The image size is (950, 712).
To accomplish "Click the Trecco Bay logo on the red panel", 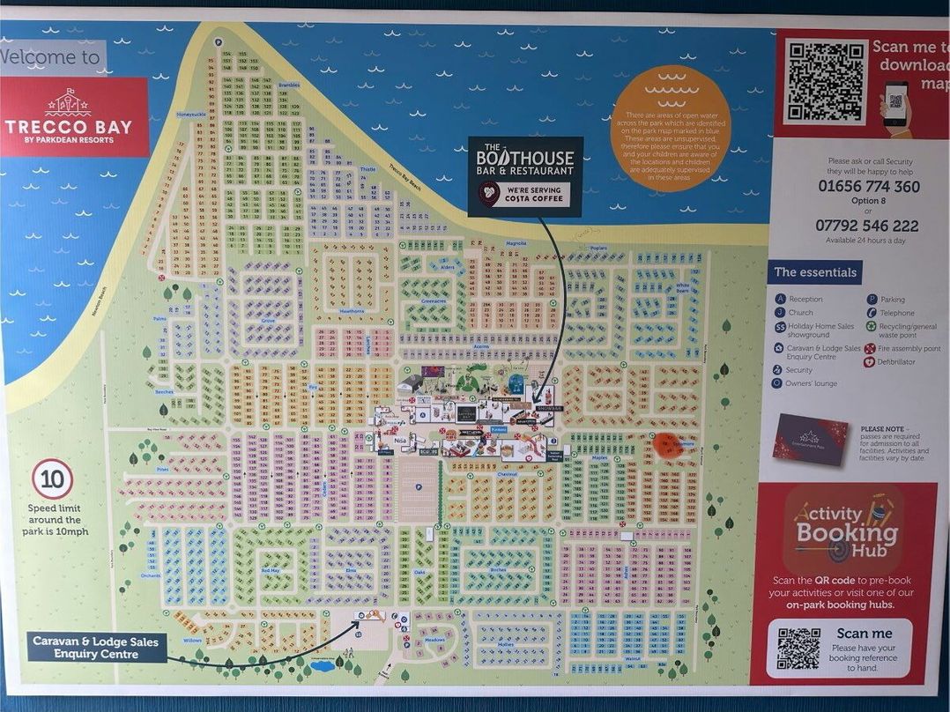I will pos(69,116).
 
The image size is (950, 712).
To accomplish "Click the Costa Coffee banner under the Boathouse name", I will pos(525,195).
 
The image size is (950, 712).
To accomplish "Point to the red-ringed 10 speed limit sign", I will pos(53,480).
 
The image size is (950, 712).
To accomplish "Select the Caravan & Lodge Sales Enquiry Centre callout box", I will pos(96,648).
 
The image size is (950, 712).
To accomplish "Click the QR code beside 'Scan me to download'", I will pos(826,81).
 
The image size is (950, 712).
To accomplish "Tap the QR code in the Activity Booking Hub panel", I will pos(798,648).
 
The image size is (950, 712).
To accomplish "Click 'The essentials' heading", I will pos(815,272).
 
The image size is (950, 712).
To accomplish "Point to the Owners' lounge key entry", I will pos(811,383).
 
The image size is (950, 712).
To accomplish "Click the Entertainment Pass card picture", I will pos(809,439).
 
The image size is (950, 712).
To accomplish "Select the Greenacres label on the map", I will pos(433,300).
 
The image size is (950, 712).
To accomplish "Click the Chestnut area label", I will pos(507,474).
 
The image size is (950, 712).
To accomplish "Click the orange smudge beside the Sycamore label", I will pos(669,444).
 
